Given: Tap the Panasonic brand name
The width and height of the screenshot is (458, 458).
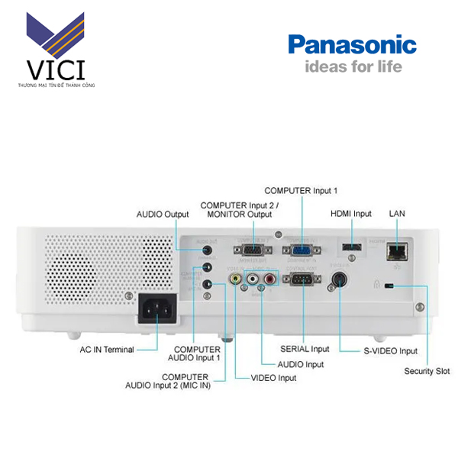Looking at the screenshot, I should pyautogui.click(x=352, y=44).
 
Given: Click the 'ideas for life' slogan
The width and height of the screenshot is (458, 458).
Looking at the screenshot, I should pyautogui.click(x=353, y=66).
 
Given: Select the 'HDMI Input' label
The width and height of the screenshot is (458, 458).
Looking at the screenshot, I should pyautogui.click(x=350, y=214).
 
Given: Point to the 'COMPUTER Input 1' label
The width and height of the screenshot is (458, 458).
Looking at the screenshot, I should pyautogui.click(x=300, y=190).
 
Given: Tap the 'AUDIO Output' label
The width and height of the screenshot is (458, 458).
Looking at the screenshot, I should pyautogui.click(x=162, y=214).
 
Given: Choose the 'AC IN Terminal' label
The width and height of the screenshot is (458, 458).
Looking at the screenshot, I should pyautogui.click(x=107, y=350).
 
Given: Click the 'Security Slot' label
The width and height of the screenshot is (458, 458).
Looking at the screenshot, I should pyautogui.click(x=427, y=372).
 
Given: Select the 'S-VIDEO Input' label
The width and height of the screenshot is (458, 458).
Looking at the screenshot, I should pyautogui.click(x=389, y=351).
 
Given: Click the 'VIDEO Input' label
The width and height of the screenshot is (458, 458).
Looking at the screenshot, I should pyautogui.click(x=273, y=377).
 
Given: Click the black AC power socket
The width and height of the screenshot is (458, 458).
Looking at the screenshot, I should pyautogui.click(x=156, y=309).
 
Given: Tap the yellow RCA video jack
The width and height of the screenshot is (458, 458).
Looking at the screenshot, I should pyautogui.click(x=236, y=280).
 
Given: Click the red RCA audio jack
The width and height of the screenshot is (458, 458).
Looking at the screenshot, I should pyautogui.click(x=269, y=280).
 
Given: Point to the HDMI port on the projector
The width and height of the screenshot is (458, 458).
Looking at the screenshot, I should pyautogui.click(x=350, y=248).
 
